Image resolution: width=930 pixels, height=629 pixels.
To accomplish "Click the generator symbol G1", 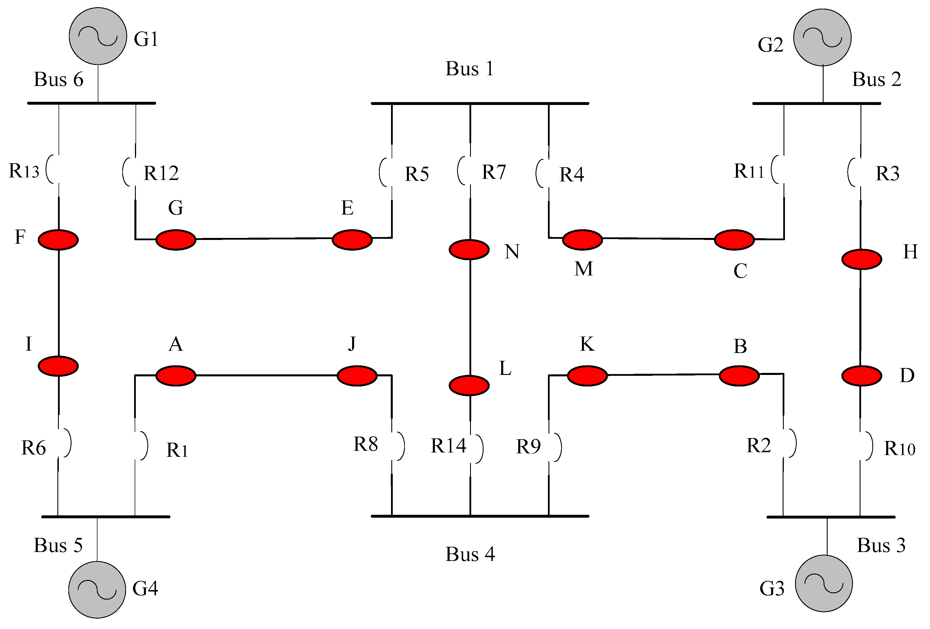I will point(98,36).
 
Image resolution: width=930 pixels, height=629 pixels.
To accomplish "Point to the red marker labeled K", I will point(587,375).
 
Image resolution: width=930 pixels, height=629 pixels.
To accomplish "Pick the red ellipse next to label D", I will point(862,375).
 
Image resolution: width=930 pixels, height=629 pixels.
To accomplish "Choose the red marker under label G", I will point(176,240).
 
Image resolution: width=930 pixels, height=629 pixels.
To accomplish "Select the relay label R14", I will point(448,446).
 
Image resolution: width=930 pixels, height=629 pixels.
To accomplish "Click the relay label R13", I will point(24,171).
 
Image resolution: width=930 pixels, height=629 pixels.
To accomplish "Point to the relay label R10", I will point(899,448).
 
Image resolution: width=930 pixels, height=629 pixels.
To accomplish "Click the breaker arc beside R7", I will point(461,170).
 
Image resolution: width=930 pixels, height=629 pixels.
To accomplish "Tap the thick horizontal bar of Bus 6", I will point(91,103).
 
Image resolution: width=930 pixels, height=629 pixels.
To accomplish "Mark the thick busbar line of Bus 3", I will point(831,517).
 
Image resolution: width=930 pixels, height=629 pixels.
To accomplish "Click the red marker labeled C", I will point(734,240).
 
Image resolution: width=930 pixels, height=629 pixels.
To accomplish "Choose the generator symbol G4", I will point(97,589).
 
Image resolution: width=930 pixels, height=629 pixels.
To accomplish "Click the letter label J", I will point(352,343).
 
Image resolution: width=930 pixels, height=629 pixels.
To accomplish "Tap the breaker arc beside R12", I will point(127,172).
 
